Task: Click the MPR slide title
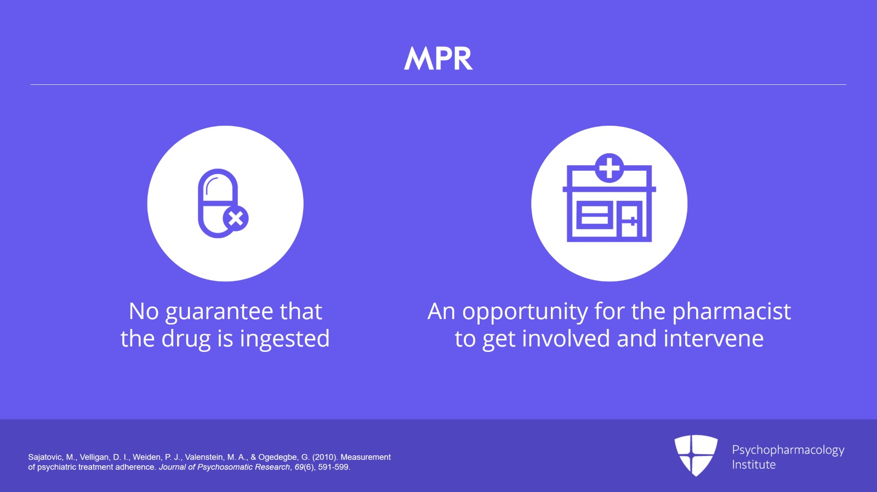click(x=438, y=59)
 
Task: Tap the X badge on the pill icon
click(x=236, y=218)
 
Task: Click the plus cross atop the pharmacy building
click(x=609, y=168)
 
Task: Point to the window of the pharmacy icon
click(x=595, y=215)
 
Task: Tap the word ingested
click(x=284, y=339)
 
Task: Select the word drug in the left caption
click(x=186, y=339)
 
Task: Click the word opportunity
click(x=525, y=312)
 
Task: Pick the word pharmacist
click(x=731, y=312)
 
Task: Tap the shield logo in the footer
click(x=696, y=455)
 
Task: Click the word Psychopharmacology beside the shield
click(x=788, y=450)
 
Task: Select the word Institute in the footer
click(x=754, y=465)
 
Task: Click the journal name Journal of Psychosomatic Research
click(x=224, y=467)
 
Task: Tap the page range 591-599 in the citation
click(x=333, y=467)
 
